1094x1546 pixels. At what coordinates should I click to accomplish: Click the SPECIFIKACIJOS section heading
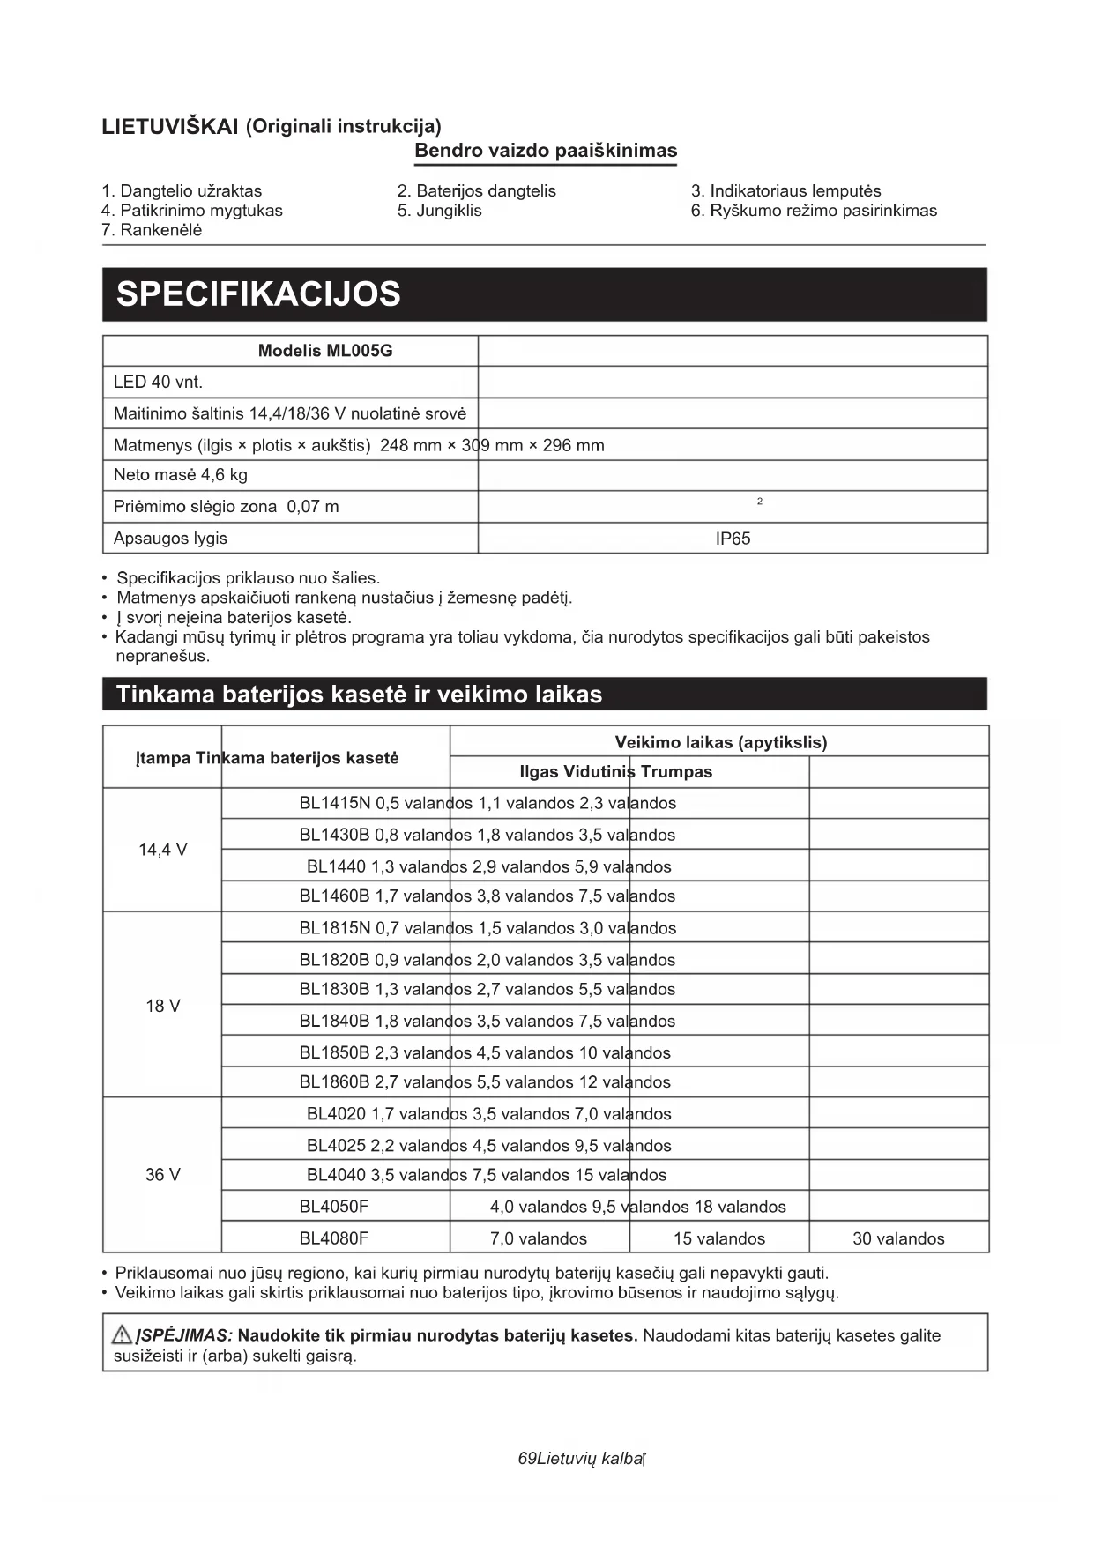click(258, 294)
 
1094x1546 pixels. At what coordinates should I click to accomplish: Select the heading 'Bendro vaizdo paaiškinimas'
click(546, 151)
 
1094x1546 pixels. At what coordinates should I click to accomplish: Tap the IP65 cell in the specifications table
click(733, 539)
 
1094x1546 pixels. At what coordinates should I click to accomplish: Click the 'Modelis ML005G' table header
click(325, 351)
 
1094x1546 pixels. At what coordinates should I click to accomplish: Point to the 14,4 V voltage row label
click(162, 850)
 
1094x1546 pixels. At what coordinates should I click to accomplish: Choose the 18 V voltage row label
click(162, 1006)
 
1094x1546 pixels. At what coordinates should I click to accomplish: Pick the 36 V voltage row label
click(162, 1175)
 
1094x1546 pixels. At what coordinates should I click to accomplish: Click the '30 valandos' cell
click(898, 1238)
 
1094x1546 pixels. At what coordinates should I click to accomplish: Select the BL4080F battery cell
click(334, 1238)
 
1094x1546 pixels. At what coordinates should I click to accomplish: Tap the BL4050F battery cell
click(334, 1207)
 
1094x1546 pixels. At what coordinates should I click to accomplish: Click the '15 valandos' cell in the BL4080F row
click(719, 1238)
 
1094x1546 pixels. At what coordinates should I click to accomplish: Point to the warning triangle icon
click(122, 1334)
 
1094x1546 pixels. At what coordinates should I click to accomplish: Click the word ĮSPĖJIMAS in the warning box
click(184, 1335)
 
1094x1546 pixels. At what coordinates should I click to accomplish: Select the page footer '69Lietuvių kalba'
click(581, 1459)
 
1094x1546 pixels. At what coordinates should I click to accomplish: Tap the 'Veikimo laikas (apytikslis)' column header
click(720, 742)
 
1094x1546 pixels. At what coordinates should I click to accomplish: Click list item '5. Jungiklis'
click(439, 211)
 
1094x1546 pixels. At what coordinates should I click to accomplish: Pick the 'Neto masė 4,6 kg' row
click(181, 475)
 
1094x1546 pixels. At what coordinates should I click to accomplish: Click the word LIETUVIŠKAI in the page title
click(170, 127)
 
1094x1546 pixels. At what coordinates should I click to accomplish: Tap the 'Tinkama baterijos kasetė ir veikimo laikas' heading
click(359, 695)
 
